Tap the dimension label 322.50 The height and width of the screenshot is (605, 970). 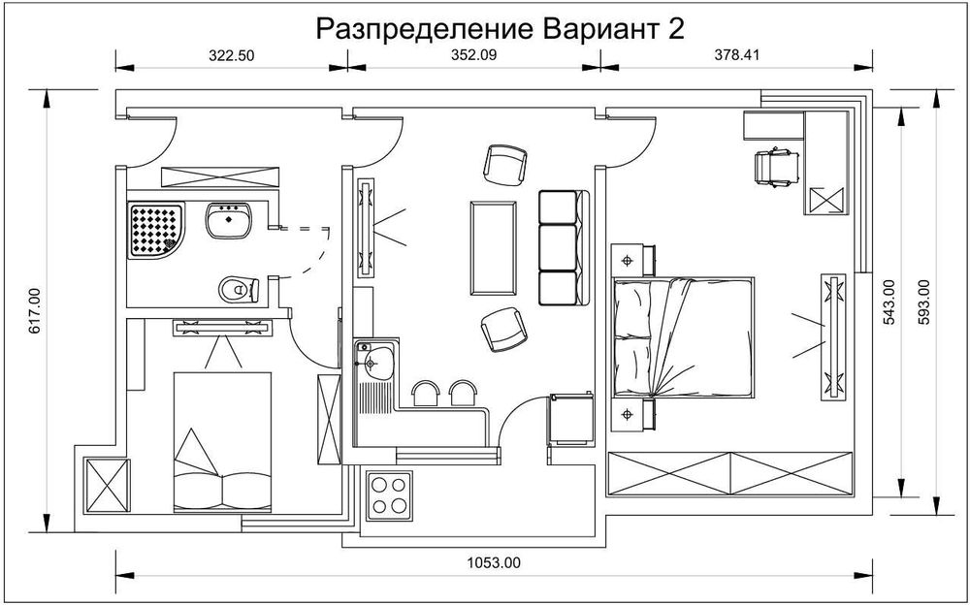[x=231, y=55]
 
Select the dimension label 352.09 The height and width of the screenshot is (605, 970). [x=473, y=55]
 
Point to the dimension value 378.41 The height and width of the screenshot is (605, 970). [x=736, y=55]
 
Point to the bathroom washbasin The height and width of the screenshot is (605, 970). [x=229, y=221]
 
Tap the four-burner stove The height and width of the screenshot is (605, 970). [x=391, y=494]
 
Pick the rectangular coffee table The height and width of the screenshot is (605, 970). [x=493, y=246]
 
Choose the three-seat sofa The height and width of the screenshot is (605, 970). [x=564, y=246]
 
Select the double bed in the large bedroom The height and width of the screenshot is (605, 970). [x=683, y=336]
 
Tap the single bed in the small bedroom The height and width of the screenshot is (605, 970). [x=220, y=441]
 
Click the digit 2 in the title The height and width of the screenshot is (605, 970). [x=675, y=29]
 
